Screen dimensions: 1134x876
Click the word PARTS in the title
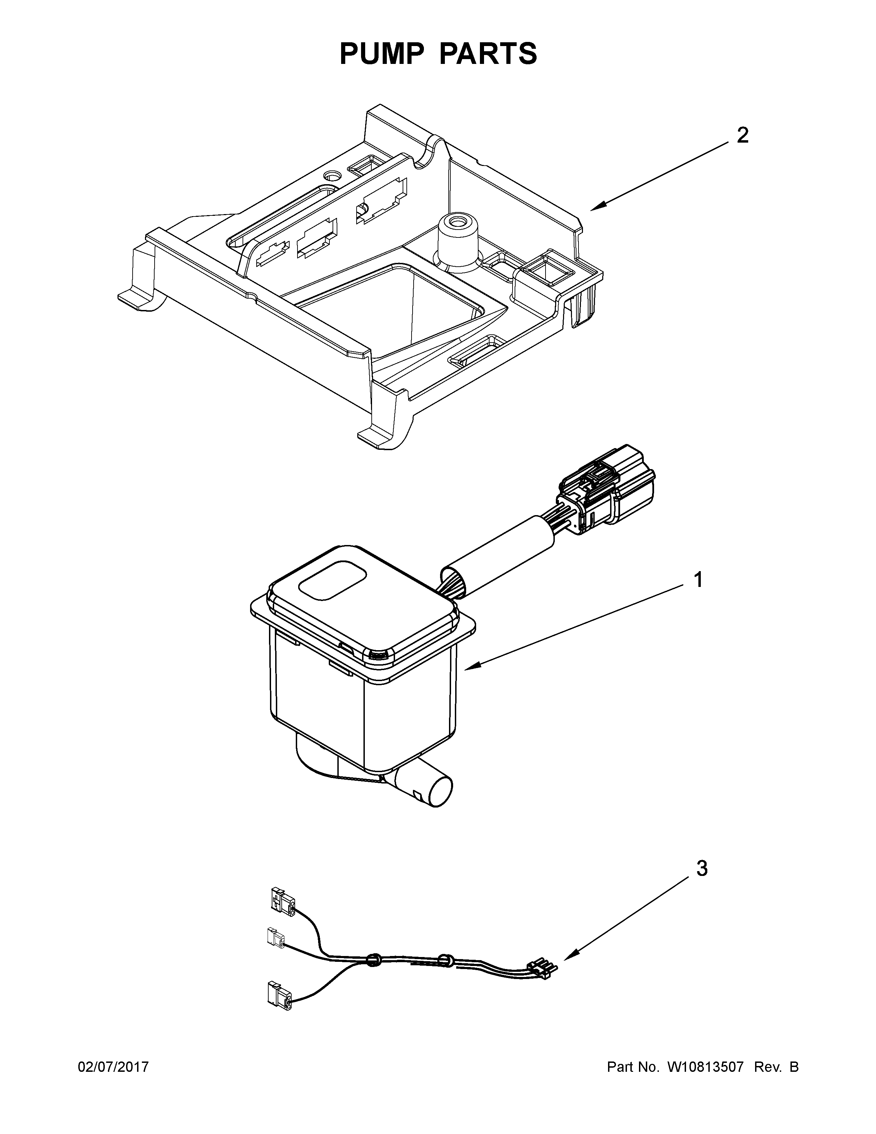pos(488,54)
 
